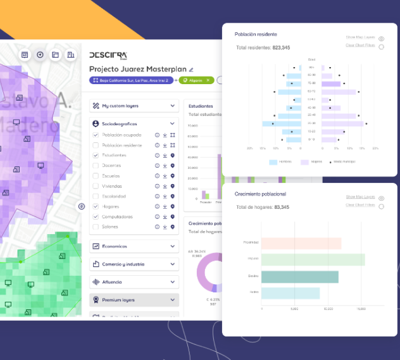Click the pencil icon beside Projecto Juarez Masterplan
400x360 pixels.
pyautogui.click(x=191, y=69)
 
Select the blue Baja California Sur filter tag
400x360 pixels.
pyautogui.click(x=132, y=80)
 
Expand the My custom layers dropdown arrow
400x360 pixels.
pyautogui.click(x=173, y=106)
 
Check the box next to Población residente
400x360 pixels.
pyautogui.click(x=96, y=145)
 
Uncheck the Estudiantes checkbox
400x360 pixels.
pyautogui.click(x=96, y=155)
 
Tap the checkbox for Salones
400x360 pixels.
pyautogui.click(x=96, y=227)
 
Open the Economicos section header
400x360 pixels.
pyautogui.click(x=134, y=246)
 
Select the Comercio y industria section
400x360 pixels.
pyautogui.click(x=134, y=264)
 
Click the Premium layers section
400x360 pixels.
pyautogui.click(x=134, y=300)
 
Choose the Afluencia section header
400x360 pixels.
pyautogui.click(x=134, y=282)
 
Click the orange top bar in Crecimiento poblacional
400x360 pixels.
pyautogui.click(x=301, y=243)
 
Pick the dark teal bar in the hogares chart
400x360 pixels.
pyautogui.click(x=299, y=276)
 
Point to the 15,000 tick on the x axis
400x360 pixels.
pyautogui.click(x=361, y=309)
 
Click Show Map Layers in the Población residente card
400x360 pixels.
pyautogui.click(x=360, y=38)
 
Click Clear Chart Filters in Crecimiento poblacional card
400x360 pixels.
pyautogui.click(x=360, y=204)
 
